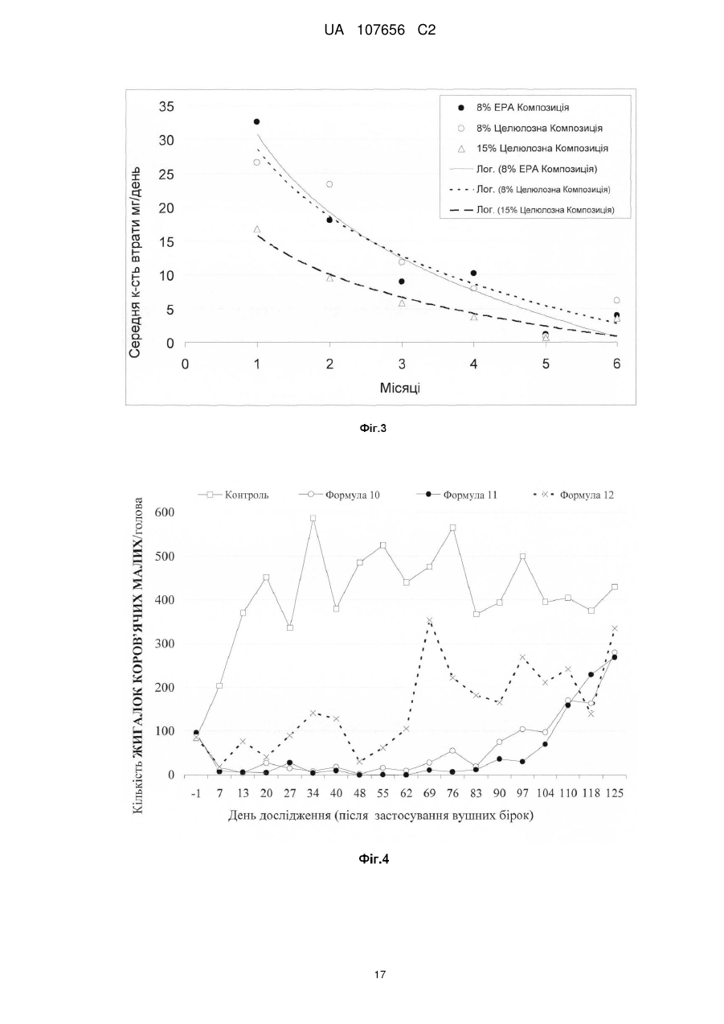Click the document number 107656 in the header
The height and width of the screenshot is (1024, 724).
pos(381,31)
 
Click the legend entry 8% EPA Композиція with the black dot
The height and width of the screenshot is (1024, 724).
pos(514,108)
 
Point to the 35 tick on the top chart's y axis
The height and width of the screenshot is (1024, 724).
pos(166,107)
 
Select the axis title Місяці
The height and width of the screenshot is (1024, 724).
pos(399,388)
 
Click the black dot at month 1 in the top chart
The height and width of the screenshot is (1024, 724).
pos(256,121)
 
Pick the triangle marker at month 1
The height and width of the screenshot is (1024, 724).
pos(256,229)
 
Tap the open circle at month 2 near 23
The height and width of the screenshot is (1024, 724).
pos(329,184)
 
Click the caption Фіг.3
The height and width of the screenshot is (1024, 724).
pos(373,429)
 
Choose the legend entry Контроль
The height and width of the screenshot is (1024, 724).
pos(233,495)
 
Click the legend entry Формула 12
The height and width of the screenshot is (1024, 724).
pos(574,495)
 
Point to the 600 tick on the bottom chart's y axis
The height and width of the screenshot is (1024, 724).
pos(165,512)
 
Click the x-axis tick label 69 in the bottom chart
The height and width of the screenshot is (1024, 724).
pos(429,793)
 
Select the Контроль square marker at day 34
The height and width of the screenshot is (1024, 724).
pos(313,518)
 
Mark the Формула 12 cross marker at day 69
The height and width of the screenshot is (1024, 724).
pos(429,620)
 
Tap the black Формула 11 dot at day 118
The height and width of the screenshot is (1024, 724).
pos(591,675)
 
